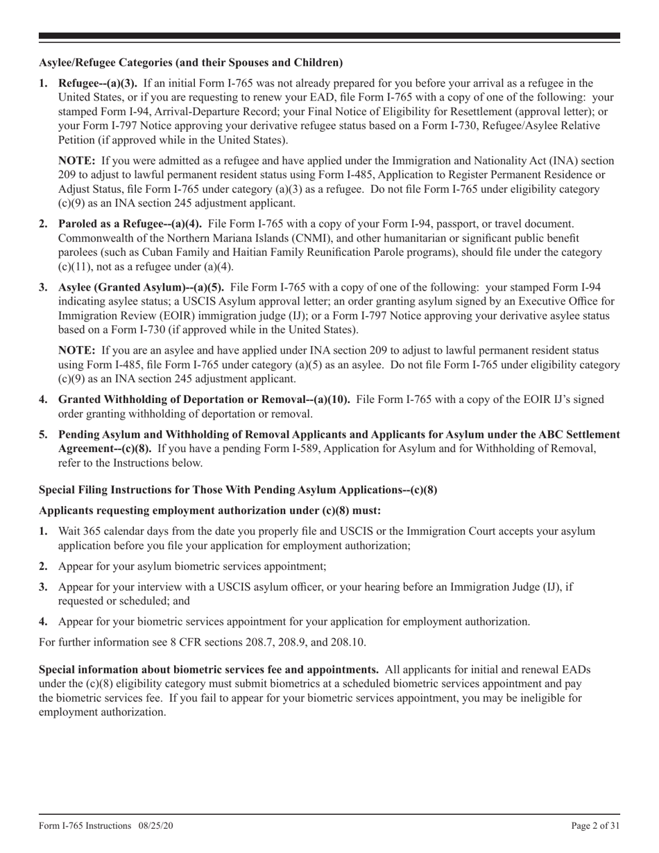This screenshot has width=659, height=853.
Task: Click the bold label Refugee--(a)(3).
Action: tap(97, 83)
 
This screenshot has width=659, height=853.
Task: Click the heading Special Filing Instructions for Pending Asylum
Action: tap(238, 490)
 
